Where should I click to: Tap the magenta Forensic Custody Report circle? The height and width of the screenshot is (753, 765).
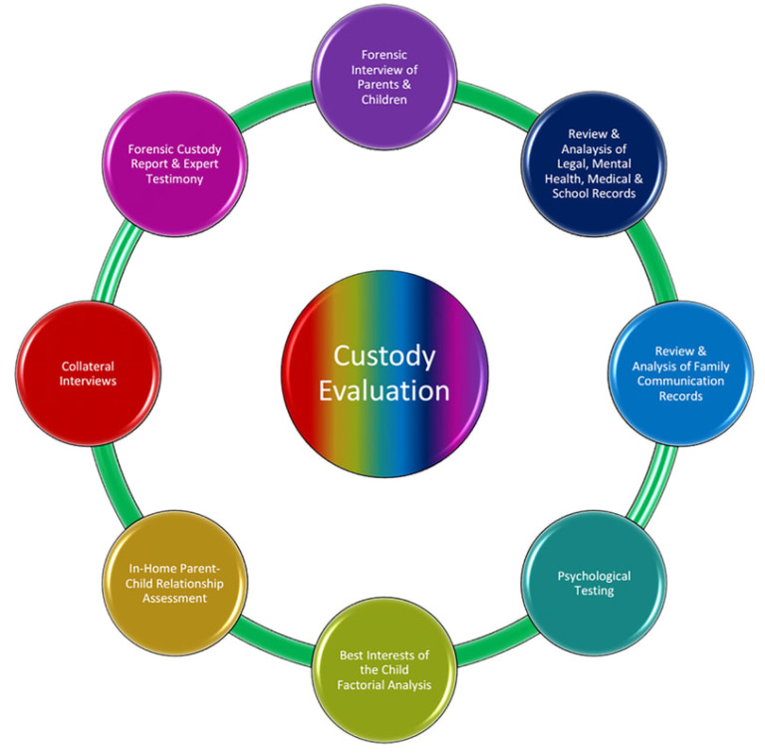pyautogui.click(x=175, y=164)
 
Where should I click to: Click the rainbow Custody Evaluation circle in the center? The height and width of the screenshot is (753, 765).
pyautogui.click(x=384, y=372)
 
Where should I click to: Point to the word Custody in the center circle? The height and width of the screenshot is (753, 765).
pyautogui.click(x=383, y=355)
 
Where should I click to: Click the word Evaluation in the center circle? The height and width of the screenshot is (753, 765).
pyautogui.click(x=383, y=389)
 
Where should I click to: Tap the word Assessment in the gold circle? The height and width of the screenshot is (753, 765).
pyautogui.click(x=174, y=599)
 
